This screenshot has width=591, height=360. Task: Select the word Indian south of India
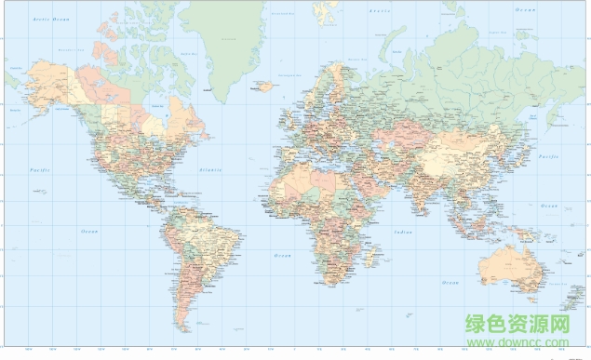tap(402, 233)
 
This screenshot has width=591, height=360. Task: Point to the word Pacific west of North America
tap(39, 171)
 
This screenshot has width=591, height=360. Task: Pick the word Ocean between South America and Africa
tap(282, 254)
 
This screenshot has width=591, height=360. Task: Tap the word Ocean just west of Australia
tap(450, 282)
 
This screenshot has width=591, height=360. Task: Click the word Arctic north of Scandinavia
tap(379, 10)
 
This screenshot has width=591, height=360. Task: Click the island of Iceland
tap(263, 86)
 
